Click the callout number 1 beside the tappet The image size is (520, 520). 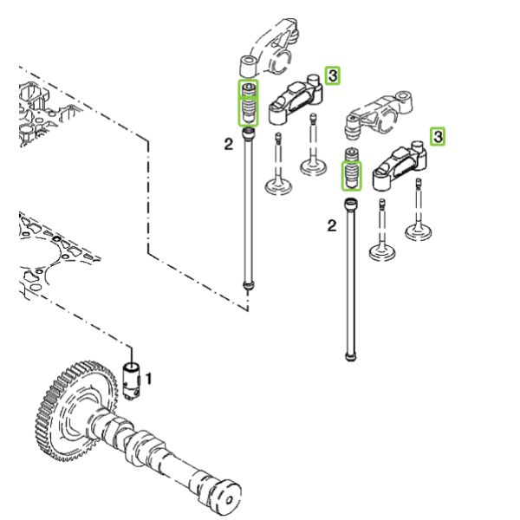click(148, 379)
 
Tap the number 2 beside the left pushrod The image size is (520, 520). click(229, 144)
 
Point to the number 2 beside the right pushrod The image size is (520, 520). click(332, 226)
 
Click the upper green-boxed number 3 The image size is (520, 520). click(332, 75)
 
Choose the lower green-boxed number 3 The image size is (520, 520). click(438, 137)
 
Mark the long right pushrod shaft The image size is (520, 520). click(350, 279)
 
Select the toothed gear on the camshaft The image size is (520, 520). click(76, 411)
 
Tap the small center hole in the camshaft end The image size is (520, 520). click(229, 499)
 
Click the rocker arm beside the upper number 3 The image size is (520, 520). click(296, 99)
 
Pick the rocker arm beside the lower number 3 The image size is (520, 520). click(400, 166)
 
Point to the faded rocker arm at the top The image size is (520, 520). click(269, 47)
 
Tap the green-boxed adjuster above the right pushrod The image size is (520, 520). click(352, 176)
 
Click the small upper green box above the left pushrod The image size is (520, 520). click(248, 89)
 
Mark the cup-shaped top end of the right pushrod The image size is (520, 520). click(351, 204)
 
